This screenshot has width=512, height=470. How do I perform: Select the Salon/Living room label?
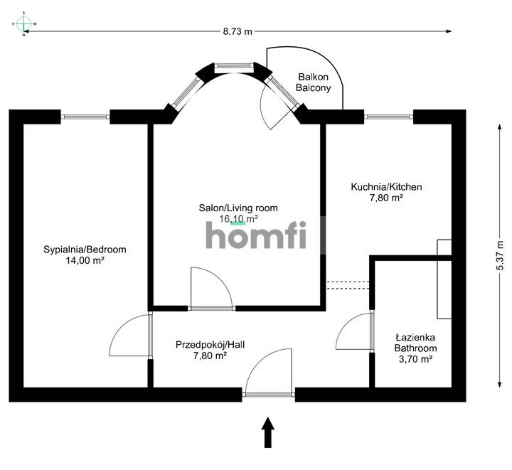(238, 208)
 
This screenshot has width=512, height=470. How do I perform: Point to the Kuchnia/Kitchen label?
(386, 187)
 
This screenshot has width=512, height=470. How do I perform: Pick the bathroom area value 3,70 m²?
(416, 360)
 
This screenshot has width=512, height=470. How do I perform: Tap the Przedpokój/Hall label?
(210, 345)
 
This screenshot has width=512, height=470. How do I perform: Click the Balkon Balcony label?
(314, 82)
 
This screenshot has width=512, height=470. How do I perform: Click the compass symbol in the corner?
(24, 23)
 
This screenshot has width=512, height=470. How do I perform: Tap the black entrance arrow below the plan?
(268, 432)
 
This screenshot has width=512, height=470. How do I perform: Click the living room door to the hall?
(212, 288)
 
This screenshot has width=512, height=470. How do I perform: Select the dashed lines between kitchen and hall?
(349, 285)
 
